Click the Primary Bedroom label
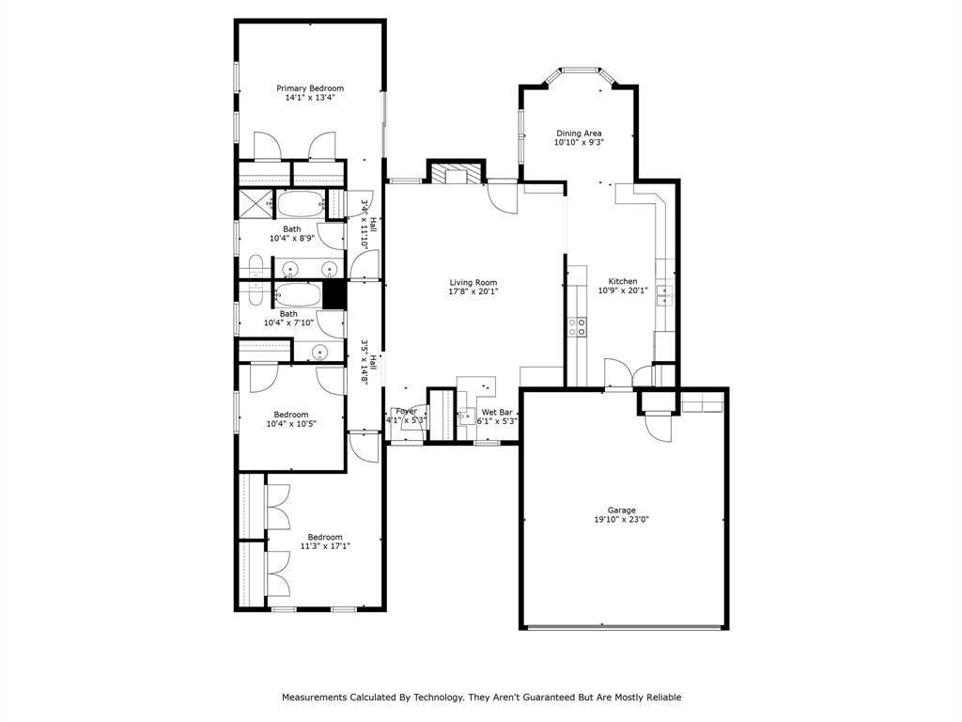coord(309,88)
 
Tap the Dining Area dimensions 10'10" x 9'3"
coord(578,143)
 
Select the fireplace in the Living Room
coord(456,173)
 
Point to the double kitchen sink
coord(665,295)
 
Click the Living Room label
coord(473,282)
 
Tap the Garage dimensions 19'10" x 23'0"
coord(621,519)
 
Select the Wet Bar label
coord(497,412)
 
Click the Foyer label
coord(406,411)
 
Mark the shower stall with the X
coord(254,204)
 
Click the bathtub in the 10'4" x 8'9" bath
coord(299,204)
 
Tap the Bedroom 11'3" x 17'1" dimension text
coord(325,546)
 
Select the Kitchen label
coord(622,281)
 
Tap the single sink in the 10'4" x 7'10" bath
coord(320,353)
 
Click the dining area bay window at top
coord(581,70)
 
